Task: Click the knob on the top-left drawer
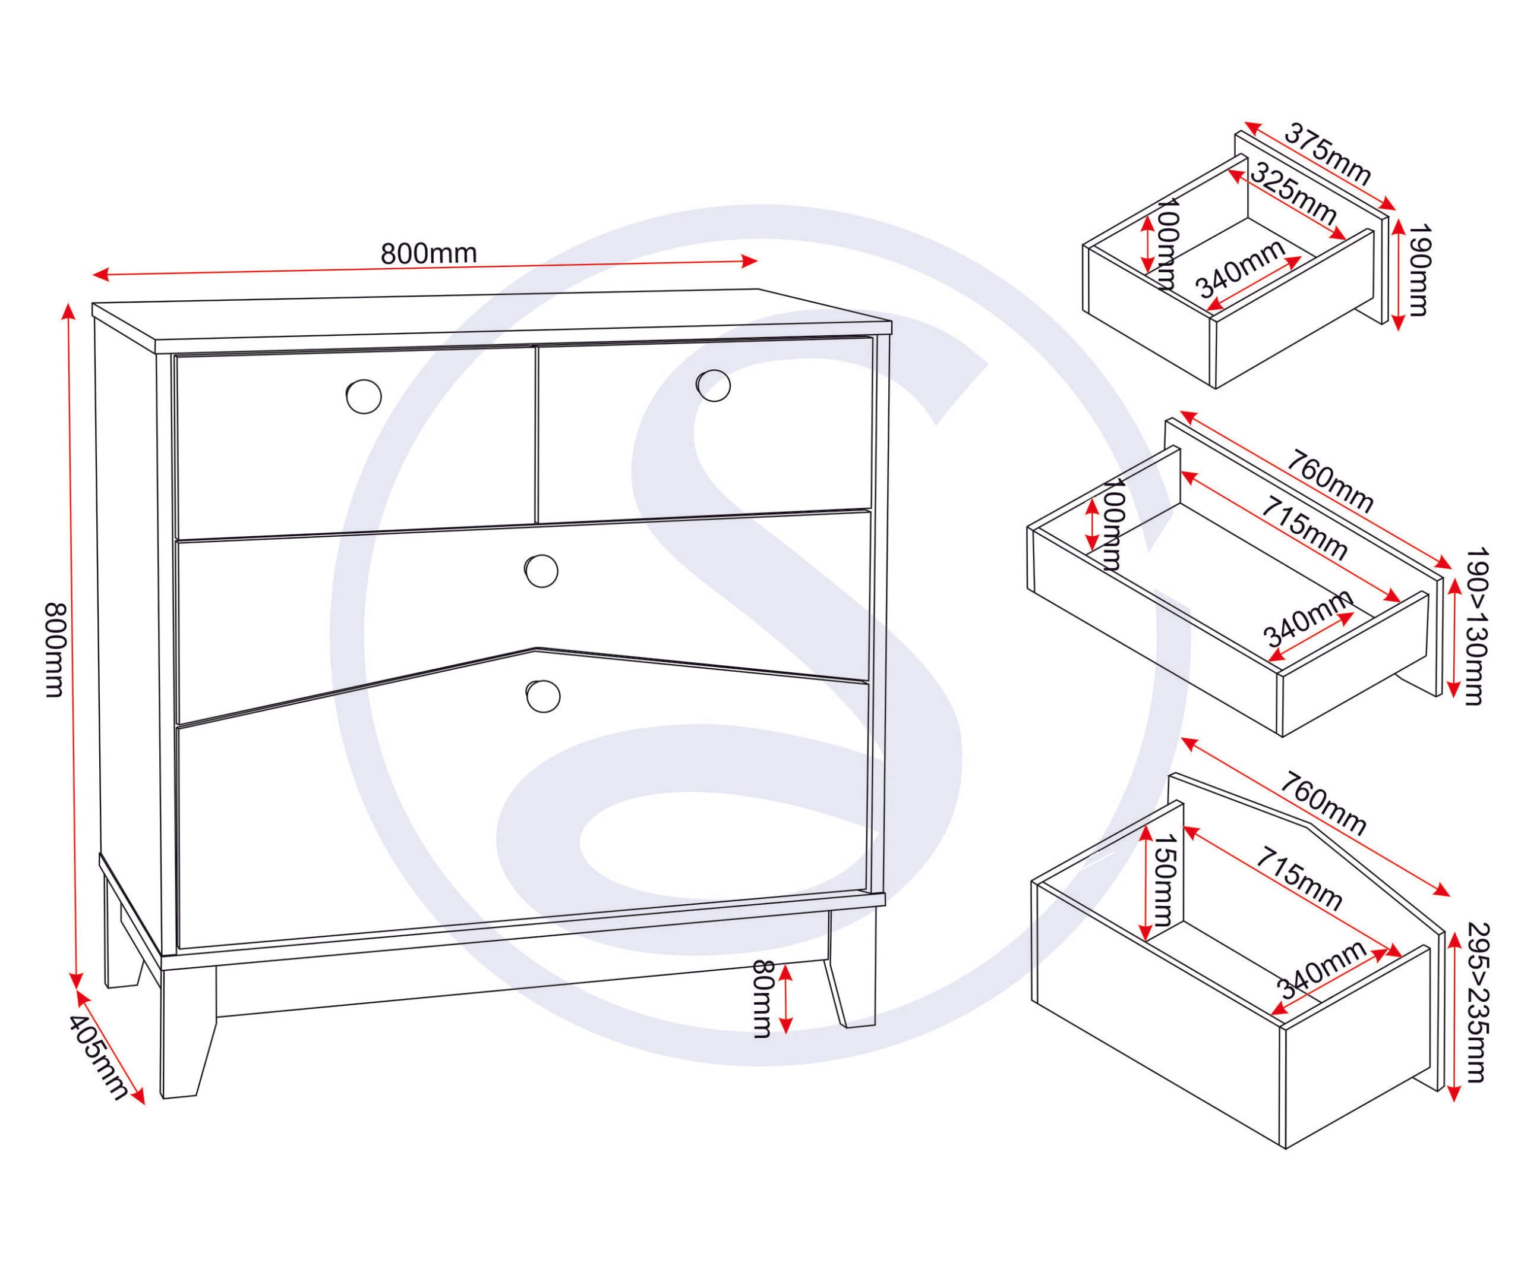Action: coord(364,397)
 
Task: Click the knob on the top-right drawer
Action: coord(714,384)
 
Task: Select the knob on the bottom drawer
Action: coord(542,696)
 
